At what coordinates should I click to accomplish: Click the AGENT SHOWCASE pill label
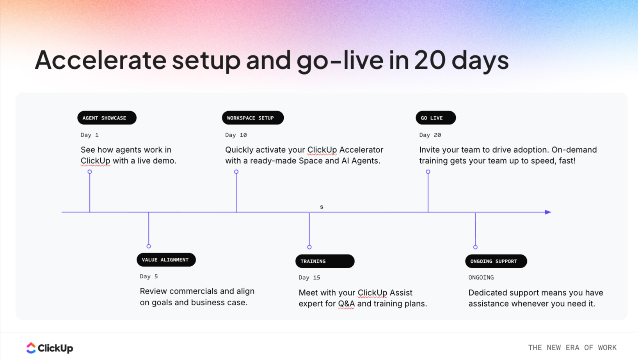pos(107,118)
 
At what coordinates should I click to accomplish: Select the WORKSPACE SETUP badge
pos(252,118)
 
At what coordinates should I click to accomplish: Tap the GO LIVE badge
pos(435,118)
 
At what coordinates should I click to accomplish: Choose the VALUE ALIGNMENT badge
pos(166,260)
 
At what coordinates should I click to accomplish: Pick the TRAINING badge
pos(325,261)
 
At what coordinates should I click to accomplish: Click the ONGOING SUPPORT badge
pos(496,261)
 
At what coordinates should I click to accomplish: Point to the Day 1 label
pos(90,135)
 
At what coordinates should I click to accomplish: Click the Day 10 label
pos(236,135)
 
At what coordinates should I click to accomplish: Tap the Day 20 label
pos(430,135)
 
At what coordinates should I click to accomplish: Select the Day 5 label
pos(149,276)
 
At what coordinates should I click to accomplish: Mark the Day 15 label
pos(309,278)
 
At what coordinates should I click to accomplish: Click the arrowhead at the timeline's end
pos(548,212)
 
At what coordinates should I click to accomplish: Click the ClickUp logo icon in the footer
pos(31,348)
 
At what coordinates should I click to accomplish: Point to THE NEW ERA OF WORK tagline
pos(572,348)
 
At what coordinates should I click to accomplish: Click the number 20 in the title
pos(430,60)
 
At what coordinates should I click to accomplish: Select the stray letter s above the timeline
pos(322,207)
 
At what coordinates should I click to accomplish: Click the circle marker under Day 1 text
pos(90,172)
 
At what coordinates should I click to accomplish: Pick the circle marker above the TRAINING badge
pos(309,247)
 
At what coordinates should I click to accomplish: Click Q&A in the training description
pos(346,304)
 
